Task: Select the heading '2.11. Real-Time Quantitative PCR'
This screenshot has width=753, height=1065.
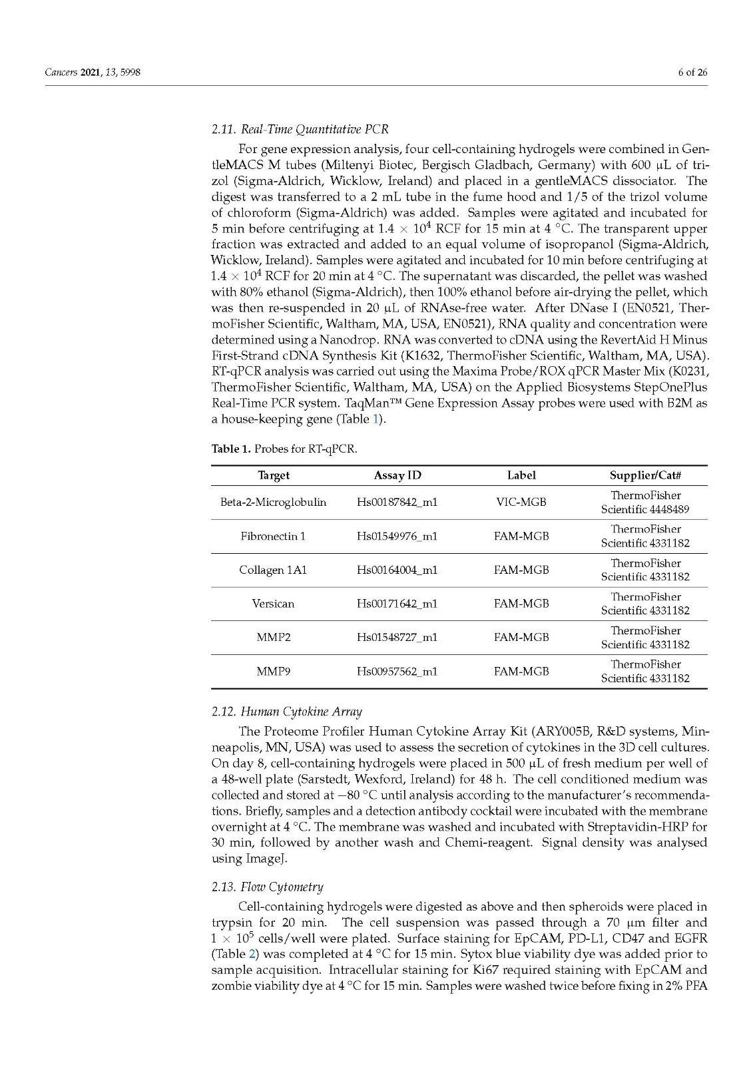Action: point(300,129)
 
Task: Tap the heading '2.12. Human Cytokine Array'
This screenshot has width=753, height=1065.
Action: point(286,712)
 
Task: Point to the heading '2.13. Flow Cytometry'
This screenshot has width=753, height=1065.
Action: point(267,887)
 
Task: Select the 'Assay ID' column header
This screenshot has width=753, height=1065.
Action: point(397,475)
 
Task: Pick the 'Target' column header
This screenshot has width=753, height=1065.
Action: point(274,475)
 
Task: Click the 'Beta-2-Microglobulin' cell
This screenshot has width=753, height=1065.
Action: point(273,503)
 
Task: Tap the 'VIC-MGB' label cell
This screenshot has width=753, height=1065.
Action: point(521,503)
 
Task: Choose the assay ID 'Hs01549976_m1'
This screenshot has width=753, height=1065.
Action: point(397,536)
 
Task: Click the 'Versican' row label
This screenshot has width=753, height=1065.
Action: point(273,604)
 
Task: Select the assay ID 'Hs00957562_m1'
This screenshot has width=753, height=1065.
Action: point(397,672)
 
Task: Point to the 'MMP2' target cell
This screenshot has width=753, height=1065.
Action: point(273,638)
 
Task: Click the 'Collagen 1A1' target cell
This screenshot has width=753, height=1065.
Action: point(273,570)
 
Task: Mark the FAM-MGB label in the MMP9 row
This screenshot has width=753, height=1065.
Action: point(521,672)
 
